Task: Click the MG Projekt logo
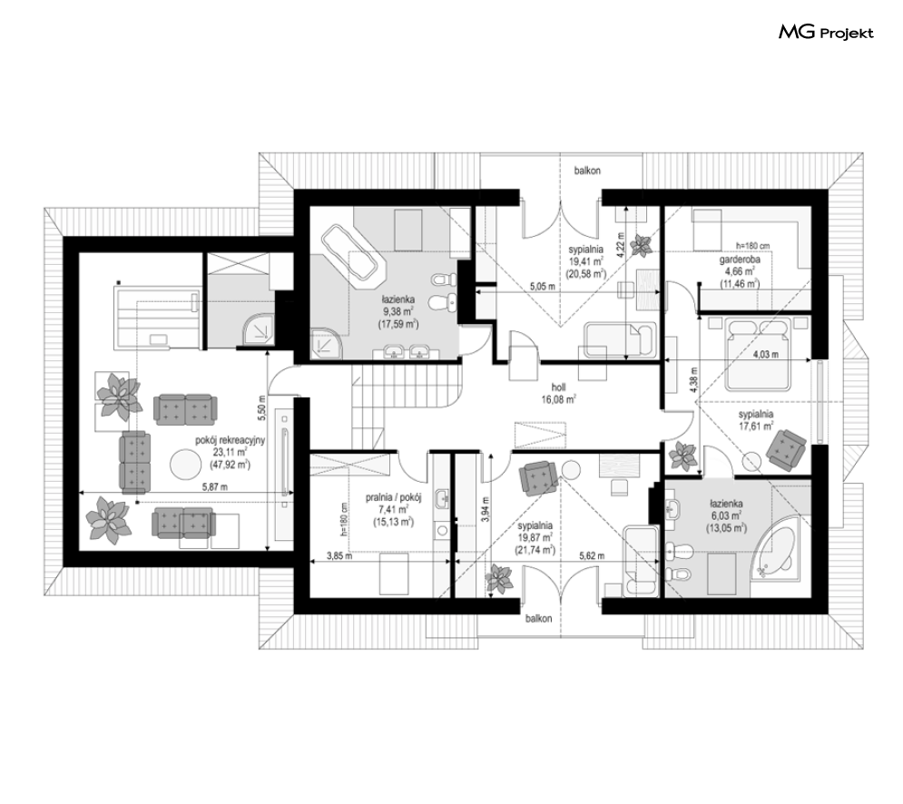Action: pyautogui.click(x=826, y=33)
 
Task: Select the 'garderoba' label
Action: pyautogui.click(x=740, y=260)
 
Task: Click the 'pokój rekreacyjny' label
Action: pyautogui.click(x=230, y=441)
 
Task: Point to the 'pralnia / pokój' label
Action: pyautogui.click(x=394, y=497)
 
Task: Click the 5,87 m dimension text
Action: pyautogui.click(x=215, y=486)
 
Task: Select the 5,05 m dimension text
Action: pyautogui.click(x=543, y=286)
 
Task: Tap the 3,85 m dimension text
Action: pyautogui.click(x=339, y=555)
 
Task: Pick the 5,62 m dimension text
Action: pyautogui.click(x=592, y=555)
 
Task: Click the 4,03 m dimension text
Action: pyautogui.click(x=765, y=354)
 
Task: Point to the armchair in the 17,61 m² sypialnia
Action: pyautogui.click(x=786, y=447)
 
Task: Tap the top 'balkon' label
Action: pyautogui.click(x=587, y=171)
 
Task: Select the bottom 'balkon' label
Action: pyautogui.click(x=538, y=619)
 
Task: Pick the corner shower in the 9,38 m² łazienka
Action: pyautogui.click(x=326, y=343)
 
